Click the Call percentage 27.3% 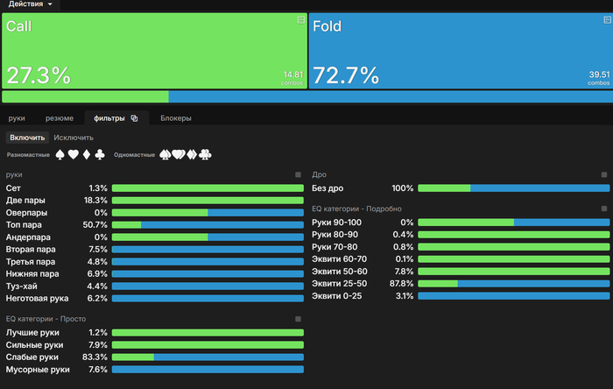click(39, 74)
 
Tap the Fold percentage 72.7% click(345, 74)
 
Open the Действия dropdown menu click(31, 4)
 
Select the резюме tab click(60, 117)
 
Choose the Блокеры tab click(176, 117)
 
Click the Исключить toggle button click(74, 138)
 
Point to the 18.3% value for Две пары click(95, 201)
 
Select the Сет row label click(13, 188)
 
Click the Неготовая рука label click(37, 299)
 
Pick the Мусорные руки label click(38, 370)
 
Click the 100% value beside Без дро click(402, 188)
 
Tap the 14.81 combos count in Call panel click(292, 75)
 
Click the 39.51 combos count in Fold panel click(599, 75)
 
